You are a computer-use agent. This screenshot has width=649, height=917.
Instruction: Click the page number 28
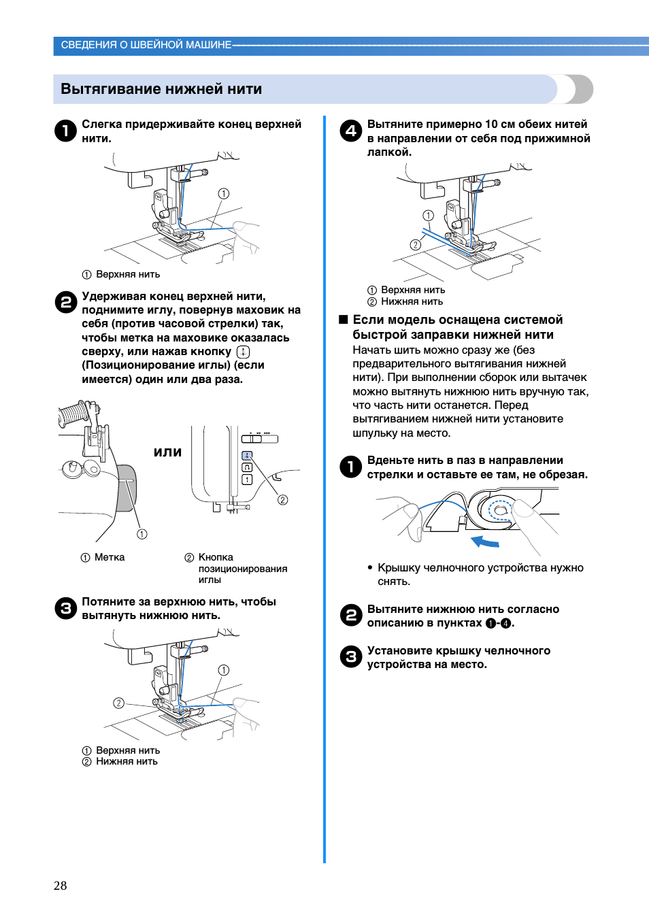(60, 885)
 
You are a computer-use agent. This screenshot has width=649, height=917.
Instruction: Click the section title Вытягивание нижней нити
(161, 89)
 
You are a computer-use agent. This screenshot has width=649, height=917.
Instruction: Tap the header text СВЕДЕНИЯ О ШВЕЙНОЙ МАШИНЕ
(146, 45)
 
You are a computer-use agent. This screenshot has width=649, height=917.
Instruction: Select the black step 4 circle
(350, 131)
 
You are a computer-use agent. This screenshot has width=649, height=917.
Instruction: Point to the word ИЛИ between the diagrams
(167, 452)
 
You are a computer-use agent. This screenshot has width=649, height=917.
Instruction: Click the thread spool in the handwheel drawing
(73, 414)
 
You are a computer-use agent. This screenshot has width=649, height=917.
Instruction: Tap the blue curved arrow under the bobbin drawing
(485, 541)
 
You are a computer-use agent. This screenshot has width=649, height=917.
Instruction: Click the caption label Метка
(109, 557)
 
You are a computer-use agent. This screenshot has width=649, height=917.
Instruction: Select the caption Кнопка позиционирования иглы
(242, 568)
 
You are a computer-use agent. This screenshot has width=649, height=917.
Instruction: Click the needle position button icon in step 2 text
(243, 352)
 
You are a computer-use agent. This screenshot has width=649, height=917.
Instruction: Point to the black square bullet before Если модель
(344, 320)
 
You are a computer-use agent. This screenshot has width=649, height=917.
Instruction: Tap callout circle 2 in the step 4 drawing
(415, 245)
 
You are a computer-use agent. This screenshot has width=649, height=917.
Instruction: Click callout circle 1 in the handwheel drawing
(142, 534)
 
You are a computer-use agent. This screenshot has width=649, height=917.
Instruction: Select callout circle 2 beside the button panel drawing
(282, 500)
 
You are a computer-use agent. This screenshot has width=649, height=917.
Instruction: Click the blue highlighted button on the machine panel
(247, 455)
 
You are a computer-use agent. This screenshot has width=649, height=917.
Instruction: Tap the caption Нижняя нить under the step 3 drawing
(127, 761)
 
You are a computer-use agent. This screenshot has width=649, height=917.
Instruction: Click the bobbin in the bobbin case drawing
(500, 510)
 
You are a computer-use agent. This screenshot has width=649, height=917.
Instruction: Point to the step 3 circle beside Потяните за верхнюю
(65, 608)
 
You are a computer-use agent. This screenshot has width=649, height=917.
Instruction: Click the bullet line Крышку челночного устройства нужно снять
(480, 574)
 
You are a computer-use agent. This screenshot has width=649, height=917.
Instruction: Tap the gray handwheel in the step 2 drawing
(127, 488)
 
